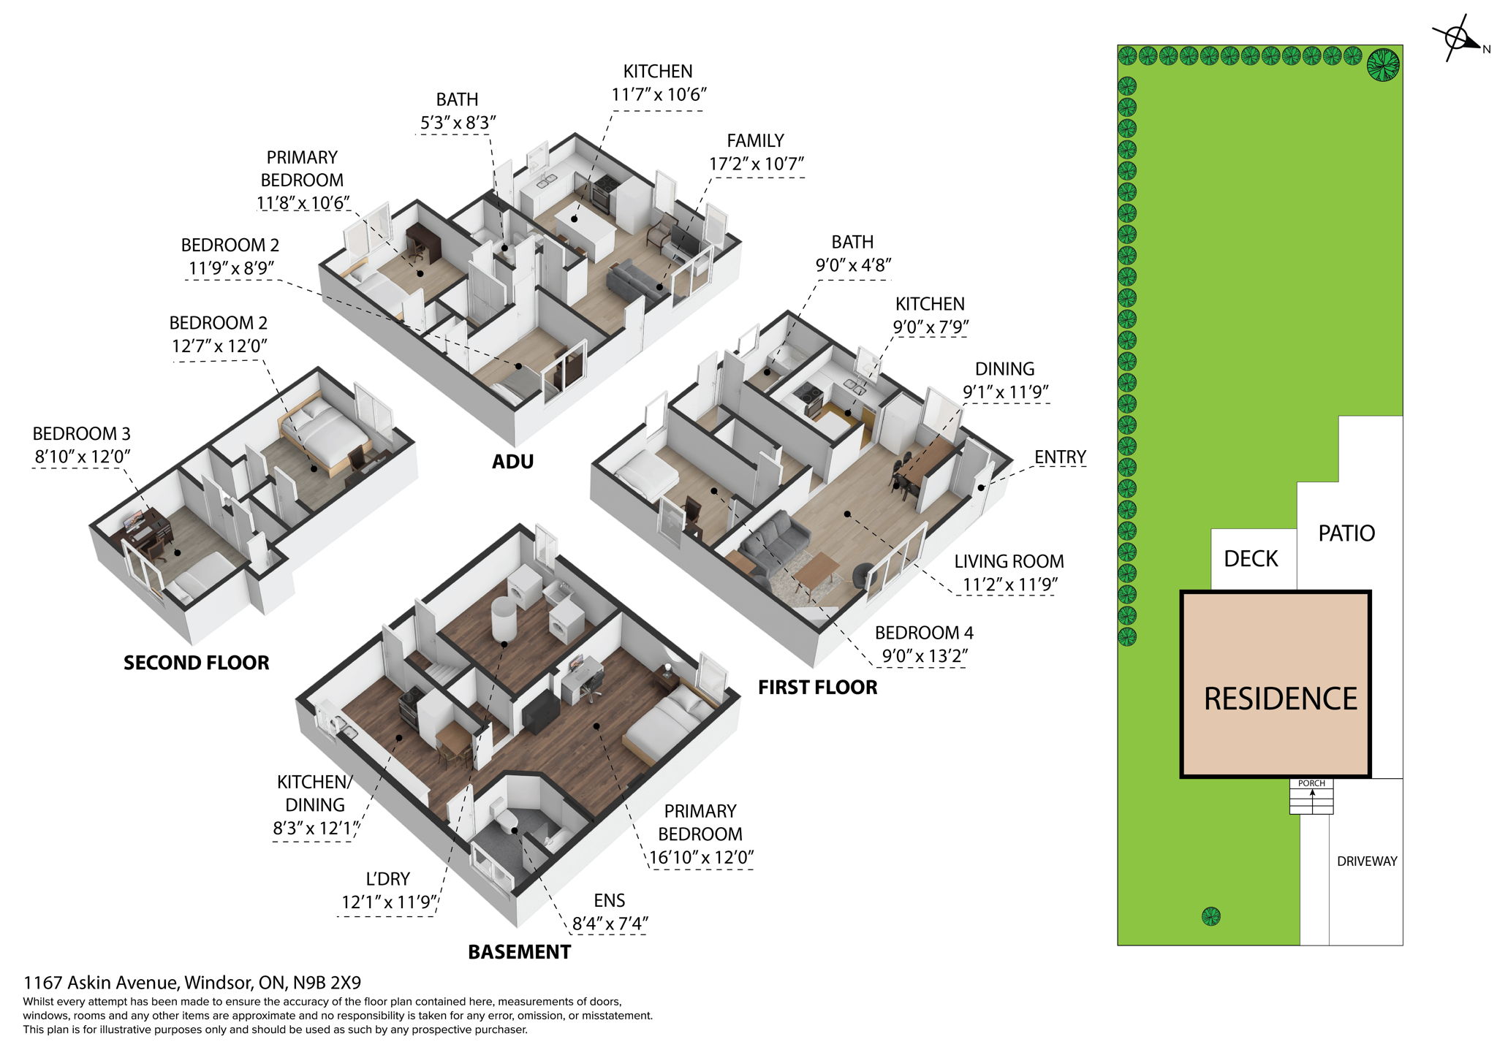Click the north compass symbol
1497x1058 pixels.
pos(1457,38)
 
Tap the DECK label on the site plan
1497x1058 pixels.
pos(1251,559)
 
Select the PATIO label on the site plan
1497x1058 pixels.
pos(1346,533)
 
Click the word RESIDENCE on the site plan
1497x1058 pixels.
pos(1280,699)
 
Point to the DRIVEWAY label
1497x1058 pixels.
pos(1366,861)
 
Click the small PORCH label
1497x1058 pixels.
pos(1311,783)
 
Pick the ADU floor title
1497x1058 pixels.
pos(512,462)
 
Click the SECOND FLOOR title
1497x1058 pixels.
pos(196,663)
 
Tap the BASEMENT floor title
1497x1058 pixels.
pos(519,952)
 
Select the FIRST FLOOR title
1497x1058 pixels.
pos(817,687)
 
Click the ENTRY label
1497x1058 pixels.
pos(1060,457)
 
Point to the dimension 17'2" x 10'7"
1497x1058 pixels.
pos(756,164)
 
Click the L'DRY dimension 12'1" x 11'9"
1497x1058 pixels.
pos(388,902)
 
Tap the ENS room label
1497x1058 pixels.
pos(609,901)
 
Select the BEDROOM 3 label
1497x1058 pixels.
pos(81,434)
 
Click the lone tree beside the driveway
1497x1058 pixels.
pos(1211,916)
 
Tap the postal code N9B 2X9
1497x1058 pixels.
pos(327,983)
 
